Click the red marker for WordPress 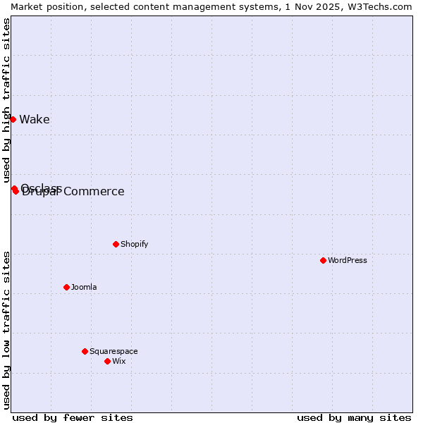click(323, 260)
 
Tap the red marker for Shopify click(116, 244)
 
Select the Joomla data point click(66, 287)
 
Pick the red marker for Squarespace click(85, 351)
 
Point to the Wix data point click(107, 361)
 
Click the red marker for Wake click(13, 119)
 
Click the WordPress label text click(348, 260)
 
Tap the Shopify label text click(134, 244)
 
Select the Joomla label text click(84, 287)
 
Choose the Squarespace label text click(114, 351)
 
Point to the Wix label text click(119, 361)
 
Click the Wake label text click(35, 119)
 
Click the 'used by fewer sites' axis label click(73, 417)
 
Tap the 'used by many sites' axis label click(354, 417)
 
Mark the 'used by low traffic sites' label click(6, 329)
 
